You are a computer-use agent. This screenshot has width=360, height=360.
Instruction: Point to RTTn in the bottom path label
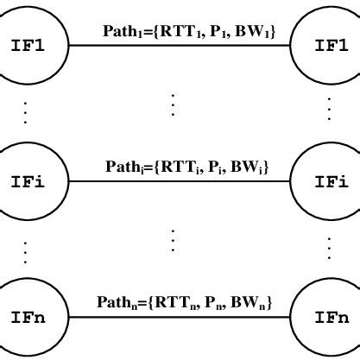pos(167,304)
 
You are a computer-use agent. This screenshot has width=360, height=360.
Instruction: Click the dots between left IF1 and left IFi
pos(26,112)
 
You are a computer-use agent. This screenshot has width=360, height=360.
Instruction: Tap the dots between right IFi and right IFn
pos(329,249)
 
